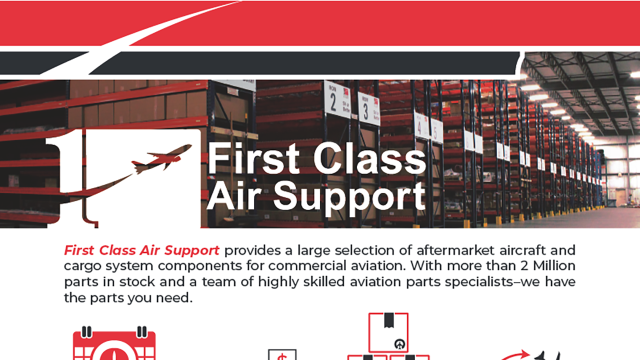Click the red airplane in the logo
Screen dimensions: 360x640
[162, 158]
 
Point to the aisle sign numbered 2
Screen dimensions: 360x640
[337, 99]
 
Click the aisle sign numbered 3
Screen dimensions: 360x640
[368, 108]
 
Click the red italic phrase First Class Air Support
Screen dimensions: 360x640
[141, 250]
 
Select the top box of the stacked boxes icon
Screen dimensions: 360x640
[388, 332]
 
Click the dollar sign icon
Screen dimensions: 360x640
[282, 354]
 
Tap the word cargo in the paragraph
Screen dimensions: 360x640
[80, 265]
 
